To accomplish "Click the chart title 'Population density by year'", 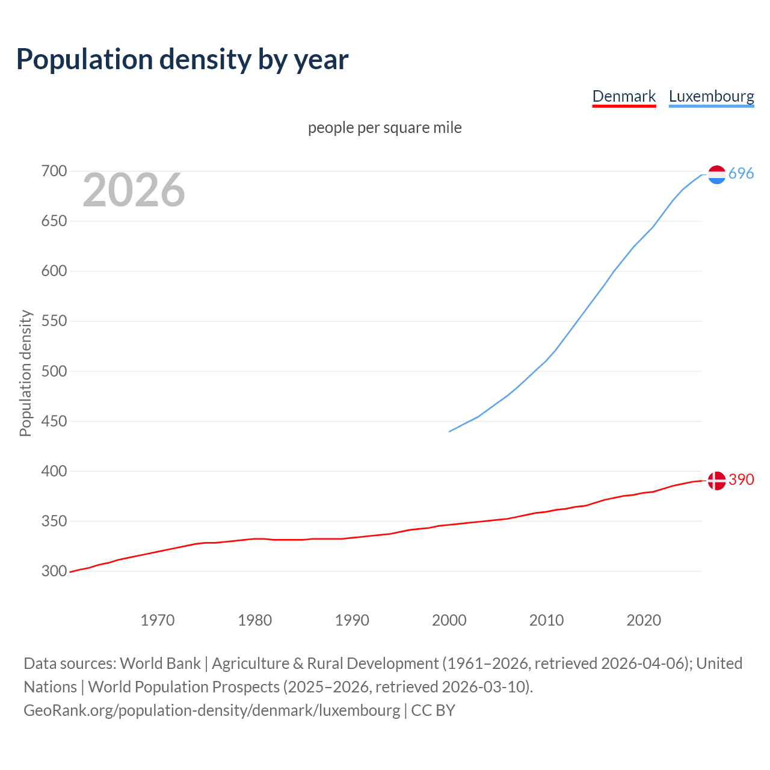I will [x=182, y=60].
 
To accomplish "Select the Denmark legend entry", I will [x=624, y=96].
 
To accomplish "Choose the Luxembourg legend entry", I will [x=711, y=96].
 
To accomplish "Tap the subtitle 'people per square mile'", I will [x=384, y=128].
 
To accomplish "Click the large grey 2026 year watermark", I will [x=134, y=190].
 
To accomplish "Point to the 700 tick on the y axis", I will [x=54, y=171].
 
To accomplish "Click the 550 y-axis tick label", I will [x=54, y=321].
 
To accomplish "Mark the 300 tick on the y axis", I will [x=54, y=571].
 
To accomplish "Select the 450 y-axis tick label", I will [x=54, y=421].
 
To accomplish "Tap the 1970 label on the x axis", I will [x=158, y=620].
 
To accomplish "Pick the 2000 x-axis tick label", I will [x=449, y=620].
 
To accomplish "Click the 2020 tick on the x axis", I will [x=644, y=620].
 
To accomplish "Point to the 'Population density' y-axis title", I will [x=25, y=373].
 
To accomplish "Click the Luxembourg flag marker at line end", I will [x=716, y=174].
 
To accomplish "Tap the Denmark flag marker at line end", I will [x=716, y=481].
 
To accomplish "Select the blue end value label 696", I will [x=741, y=174].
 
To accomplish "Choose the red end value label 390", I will [x=741, y=479].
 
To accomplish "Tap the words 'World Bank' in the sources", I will [x=160, y=664].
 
